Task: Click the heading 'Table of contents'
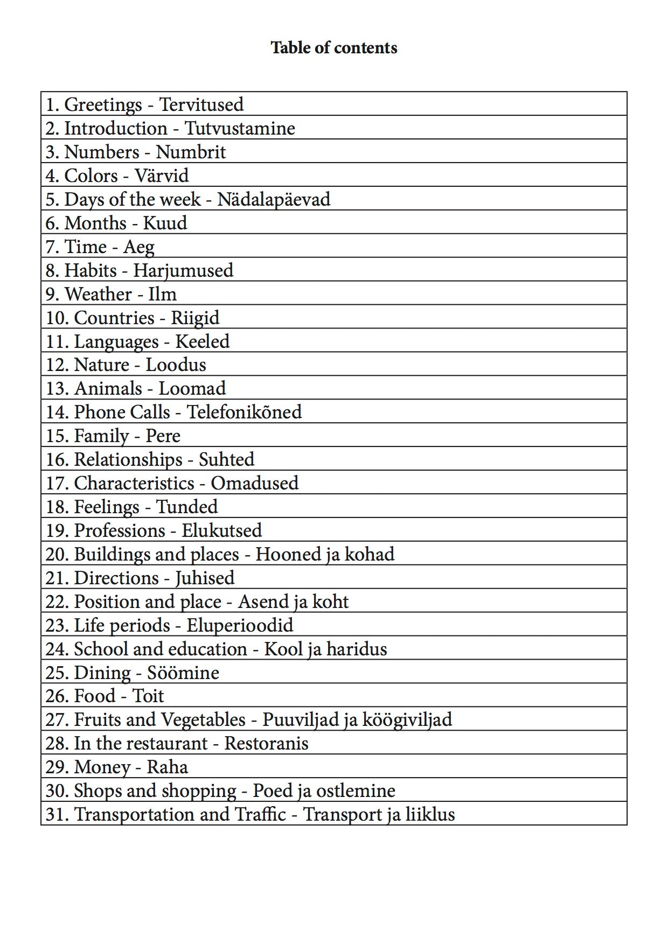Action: point(333,48)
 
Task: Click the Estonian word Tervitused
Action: point(201,104)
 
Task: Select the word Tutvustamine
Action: point(240,128)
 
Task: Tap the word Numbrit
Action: point(191,152)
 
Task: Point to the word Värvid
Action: point(162,176)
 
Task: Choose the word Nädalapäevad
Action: point(274,199)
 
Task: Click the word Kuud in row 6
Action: point(165,223)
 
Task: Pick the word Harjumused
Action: point(183,270)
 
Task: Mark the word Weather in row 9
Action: point(98,294)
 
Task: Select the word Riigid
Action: point(195,318)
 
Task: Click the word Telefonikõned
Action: point(244,412)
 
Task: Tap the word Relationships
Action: point(128,459)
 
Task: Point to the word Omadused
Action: point(254,483)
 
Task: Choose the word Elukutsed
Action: point(221,530)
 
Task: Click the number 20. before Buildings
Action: point(57,554)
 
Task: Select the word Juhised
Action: point(205,578)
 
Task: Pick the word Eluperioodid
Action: point(240,625)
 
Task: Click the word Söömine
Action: point(183,673)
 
